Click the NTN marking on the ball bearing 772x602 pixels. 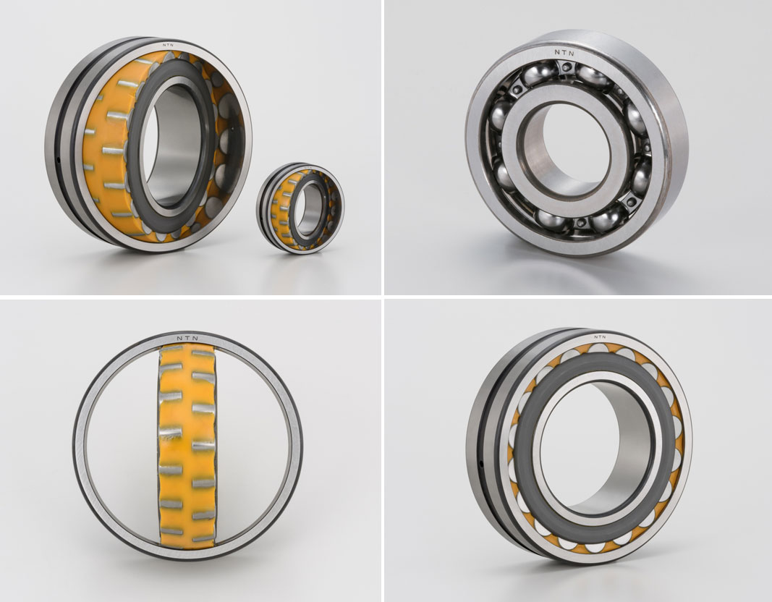564,52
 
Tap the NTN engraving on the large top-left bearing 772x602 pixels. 169,45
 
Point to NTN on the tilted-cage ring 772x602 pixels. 187,339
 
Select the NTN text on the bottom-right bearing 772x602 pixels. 600,337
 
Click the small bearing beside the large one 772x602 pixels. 300,208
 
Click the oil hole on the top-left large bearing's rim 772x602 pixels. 58,159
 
